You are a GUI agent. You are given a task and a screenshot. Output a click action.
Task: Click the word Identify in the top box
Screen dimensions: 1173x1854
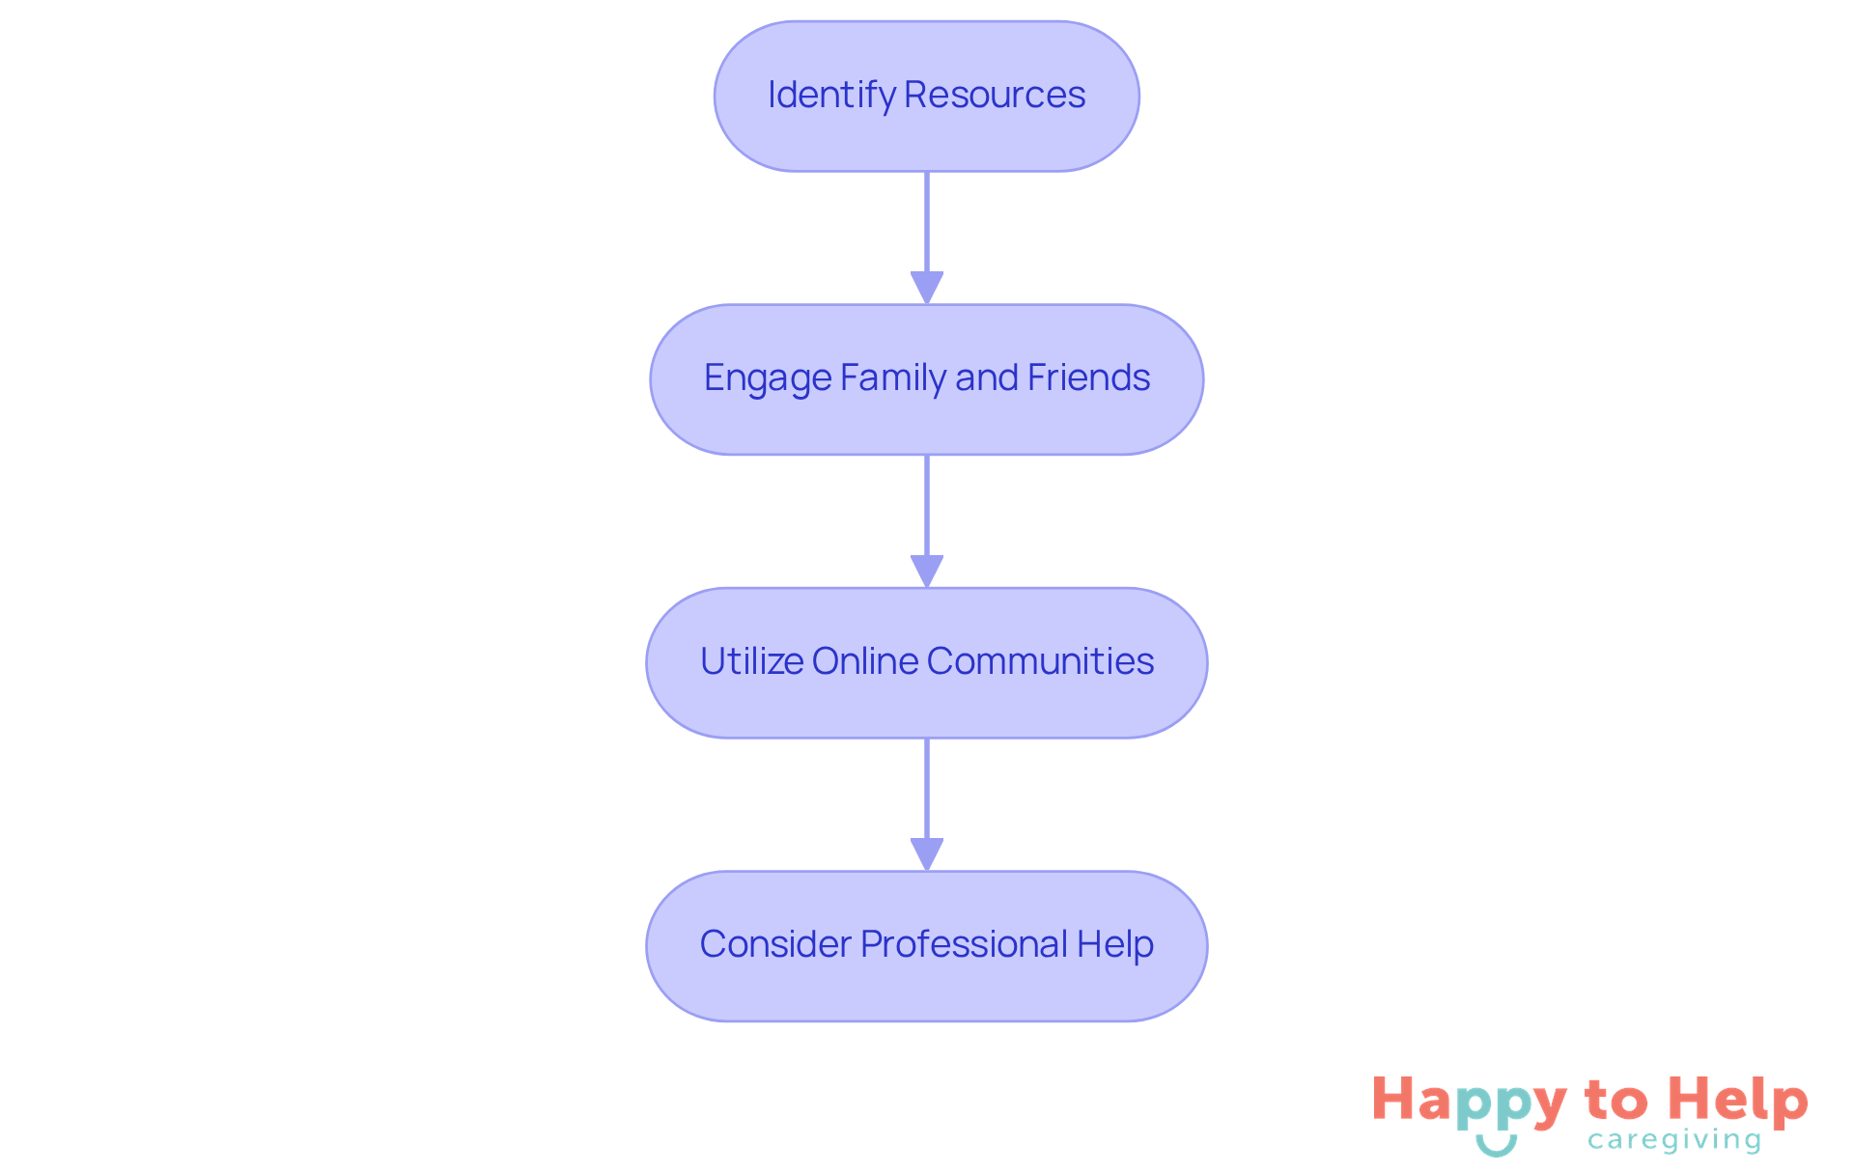tap(831, 96)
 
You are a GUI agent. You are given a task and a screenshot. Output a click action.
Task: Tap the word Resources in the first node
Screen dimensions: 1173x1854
tap(995, 96)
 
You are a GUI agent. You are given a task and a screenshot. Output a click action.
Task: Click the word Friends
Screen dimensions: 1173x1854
tap(1088, 377)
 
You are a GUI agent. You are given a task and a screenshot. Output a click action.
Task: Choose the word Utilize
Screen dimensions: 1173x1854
tap(752, 661)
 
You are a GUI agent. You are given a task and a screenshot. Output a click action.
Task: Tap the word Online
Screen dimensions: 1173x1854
tap(865, 661)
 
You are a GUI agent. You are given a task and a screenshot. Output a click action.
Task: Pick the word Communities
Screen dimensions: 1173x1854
tap(1040, 661)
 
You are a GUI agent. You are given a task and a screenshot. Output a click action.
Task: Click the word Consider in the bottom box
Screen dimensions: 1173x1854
tap(775, 944)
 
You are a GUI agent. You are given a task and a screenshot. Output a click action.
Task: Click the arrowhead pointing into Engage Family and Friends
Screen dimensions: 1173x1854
tap(927, 288)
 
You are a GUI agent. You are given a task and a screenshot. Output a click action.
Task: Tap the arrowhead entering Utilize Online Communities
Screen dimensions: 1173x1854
tap(927, 571)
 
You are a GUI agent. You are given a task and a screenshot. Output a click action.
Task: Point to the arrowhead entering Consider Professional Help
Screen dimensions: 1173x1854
tap(927, 854)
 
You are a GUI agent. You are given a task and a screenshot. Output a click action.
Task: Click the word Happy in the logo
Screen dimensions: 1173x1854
tap(1469, 1102)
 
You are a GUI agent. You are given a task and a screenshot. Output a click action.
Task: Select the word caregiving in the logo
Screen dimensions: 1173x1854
tap(1674, 1140)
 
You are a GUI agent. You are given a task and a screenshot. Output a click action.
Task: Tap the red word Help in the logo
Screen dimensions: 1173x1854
tap(1738, 1101)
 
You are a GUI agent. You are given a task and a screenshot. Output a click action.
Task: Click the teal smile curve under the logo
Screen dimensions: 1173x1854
tap(1497, 1146)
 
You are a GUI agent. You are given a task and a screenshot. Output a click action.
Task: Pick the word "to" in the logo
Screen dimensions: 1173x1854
tap(1616, 1101)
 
